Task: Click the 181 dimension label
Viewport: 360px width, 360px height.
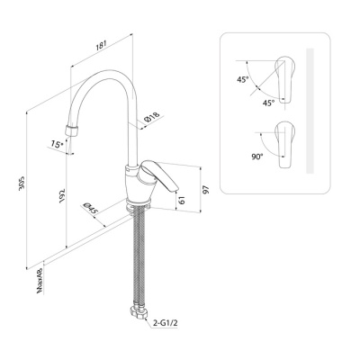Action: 101,46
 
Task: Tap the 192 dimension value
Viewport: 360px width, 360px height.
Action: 62,195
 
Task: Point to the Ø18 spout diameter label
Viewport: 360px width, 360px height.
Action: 151,118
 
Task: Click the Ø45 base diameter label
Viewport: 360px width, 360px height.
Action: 90,208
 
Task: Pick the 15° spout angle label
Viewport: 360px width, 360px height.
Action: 57,144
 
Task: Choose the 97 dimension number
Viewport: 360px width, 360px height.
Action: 205,190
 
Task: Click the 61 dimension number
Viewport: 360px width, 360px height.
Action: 182,200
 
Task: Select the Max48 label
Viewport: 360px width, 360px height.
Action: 40,281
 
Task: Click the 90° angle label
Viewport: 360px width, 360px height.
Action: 256,157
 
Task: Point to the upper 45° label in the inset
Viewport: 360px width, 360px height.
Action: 243,80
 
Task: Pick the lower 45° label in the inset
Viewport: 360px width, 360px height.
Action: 268,103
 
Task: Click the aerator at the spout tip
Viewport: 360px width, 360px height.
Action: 72,131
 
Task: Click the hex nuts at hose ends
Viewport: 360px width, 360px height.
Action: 138,313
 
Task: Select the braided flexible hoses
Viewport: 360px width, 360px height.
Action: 139,258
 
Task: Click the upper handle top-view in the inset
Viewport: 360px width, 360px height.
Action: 285,79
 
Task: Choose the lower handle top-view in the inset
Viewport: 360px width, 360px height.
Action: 285,145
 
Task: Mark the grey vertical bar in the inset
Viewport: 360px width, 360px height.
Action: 310,111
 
